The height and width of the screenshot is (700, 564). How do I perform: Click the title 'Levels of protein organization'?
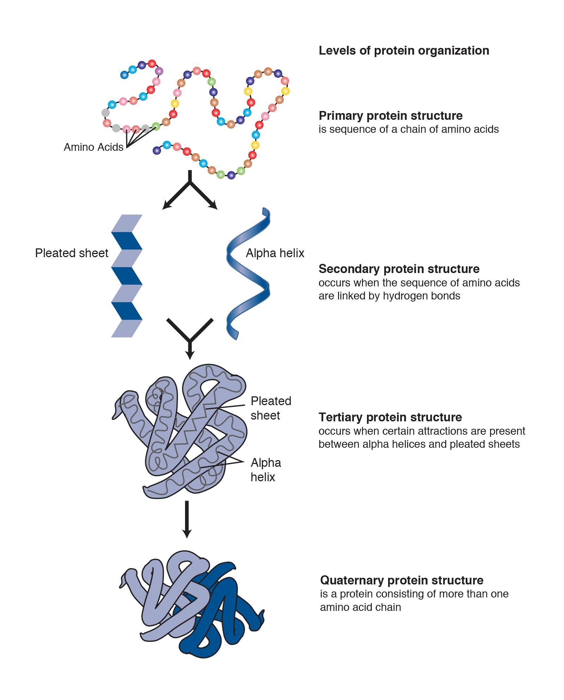[x=404, y=51]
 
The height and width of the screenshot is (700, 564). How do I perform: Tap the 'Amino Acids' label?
[x=93, y=147]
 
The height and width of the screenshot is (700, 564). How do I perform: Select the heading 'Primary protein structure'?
[x=391, y=116]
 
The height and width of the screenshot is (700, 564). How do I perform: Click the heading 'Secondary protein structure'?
[x=399, y=269]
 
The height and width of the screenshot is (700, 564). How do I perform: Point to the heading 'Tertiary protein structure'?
[x=390, y=417]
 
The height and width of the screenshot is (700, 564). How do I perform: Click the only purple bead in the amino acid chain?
[x=159, y=71]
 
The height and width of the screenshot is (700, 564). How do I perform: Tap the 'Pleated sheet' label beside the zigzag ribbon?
[x=72, y=253]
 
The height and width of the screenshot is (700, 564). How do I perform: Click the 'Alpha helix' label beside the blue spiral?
[x=275, y=253]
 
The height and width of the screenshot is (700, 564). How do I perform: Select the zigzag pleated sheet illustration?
[x=127, y=275]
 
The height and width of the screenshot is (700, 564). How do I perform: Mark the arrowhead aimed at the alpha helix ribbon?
[x=214, y=206]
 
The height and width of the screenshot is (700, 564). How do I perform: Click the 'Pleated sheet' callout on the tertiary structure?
[x=271, y=408]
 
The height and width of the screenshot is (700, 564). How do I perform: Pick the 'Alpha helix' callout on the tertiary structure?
[x=265, y=470]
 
